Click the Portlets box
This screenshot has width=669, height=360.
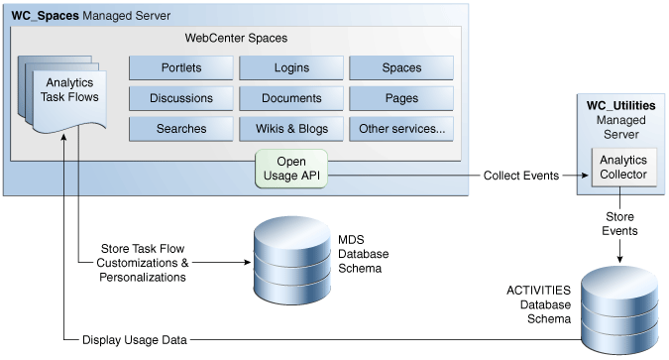click(180, 68)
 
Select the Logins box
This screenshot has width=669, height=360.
click(291, 68)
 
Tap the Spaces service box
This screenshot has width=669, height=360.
click(401, 68)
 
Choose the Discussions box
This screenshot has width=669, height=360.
click(180, 98)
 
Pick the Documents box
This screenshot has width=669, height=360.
click(291, 98)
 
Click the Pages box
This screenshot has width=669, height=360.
click(401, 98)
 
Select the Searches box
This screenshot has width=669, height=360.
click(180, 129)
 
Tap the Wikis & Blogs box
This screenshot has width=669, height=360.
click(291, 129)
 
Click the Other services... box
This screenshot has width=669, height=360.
click(401, 129)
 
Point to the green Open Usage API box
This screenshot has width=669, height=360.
click(291, 169)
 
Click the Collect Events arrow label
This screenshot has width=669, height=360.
click(520, 176)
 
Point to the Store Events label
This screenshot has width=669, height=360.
click(620, 223)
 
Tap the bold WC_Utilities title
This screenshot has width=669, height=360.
click(620, 104)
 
